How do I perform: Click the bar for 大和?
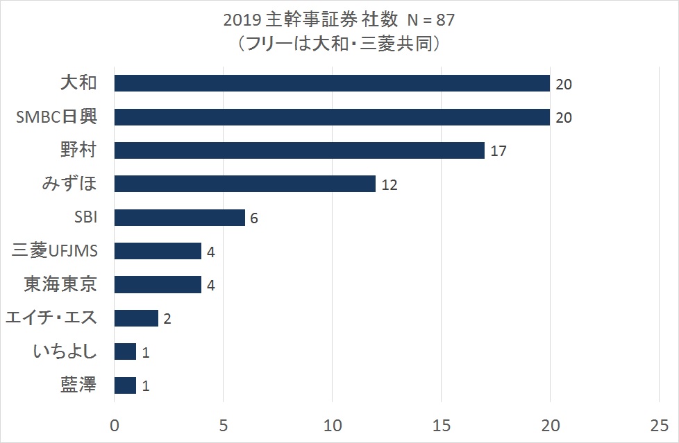point(332,83)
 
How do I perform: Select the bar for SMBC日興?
point(332,116)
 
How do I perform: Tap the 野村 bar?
point(299,150)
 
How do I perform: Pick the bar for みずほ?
point(244,184)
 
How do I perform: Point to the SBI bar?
point(180,217)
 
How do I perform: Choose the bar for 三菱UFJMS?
point(158,251)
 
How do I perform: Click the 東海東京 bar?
point(158,285)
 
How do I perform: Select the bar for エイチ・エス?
point(136,318)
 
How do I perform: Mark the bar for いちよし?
point(125,351)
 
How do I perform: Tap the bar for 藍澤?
point(125,385)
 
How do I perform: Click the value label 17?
point(498,151)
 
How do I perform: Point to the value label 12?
point(389,184)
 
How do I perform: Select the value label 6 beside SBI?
point(254,218)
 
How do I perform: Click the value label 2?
point(167,319)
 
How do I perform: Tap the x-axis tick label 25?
point(659,426)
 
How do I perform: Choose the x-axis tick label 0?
point(115,426)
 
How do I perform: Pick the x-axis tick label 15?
point(442,426)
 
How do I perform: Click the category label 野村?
point(78,150)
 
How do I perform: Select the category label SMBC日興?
point(57,116)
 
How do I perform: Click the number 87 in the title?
point(446,20)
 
